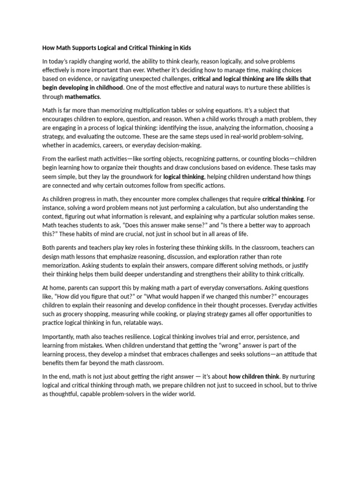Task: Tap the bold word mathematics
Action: [x=82, y=97]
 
